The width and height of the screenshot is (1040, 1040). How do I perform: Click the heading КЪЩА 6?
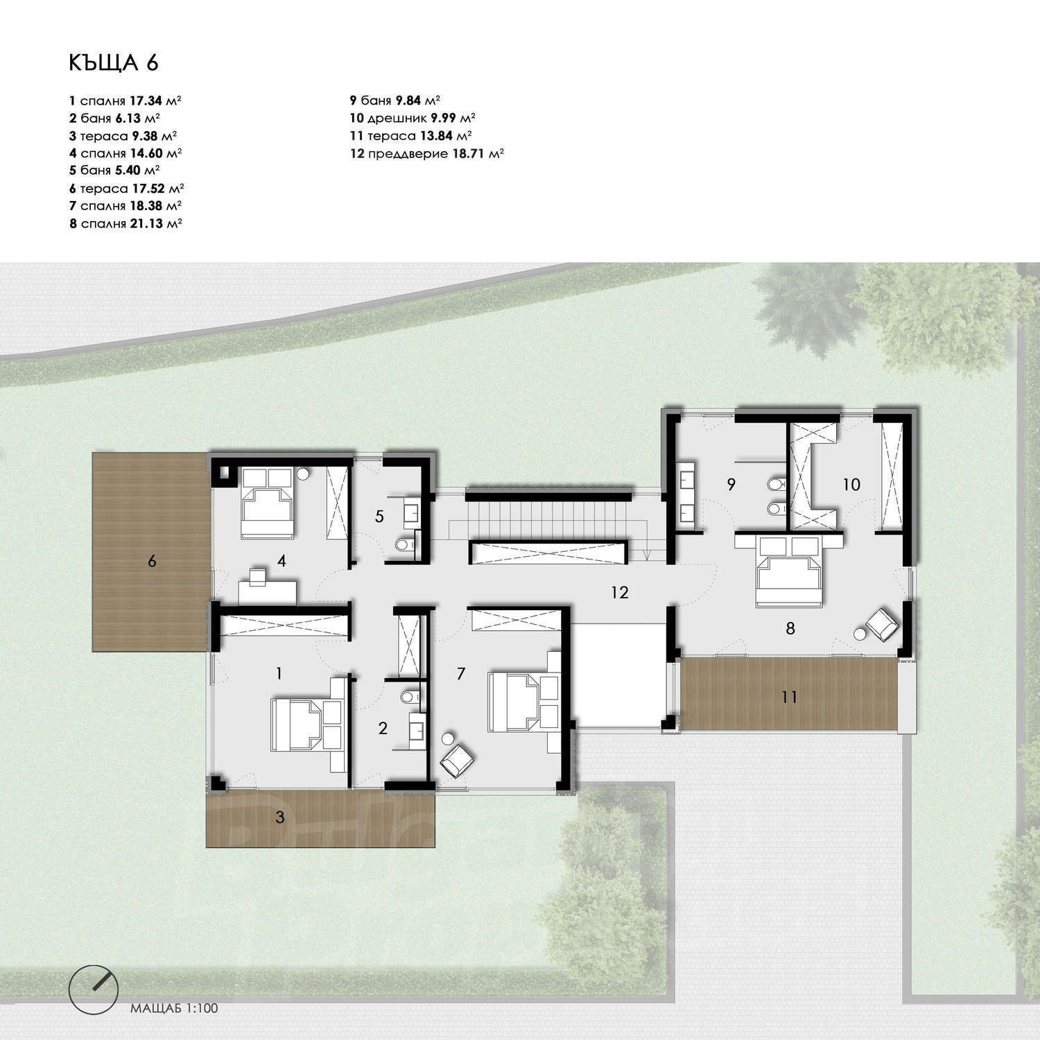click(114, 62)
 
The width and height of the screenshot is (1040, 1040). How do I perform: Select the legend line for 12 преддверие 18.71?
click(427, 153)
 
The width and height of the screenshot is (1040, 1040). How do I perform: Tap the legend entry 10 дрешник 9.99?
click(413, 118)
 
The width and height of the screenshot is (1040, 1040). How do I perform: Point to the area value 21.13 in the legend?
click(144, 223)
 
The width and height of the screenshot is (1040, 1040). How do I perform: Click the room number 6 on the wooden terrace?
click(152, 561)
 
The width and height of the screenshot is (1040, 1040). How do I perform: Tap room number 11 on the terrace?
click(789, 696)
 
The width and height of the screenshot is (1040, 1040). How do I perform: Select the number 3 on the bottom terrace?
click(280, 817)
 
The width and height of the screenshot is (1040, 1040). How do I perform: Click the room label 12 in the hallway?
click(620, 592)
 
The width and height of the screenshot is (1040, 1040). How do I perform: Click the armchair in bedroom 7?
click(457, 759)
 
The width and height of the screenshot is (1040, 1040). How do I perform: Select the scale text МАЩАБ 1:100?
click(174, 1008)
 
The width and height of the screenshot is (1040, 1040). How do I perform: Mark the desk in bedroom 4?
click(268, 591)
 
